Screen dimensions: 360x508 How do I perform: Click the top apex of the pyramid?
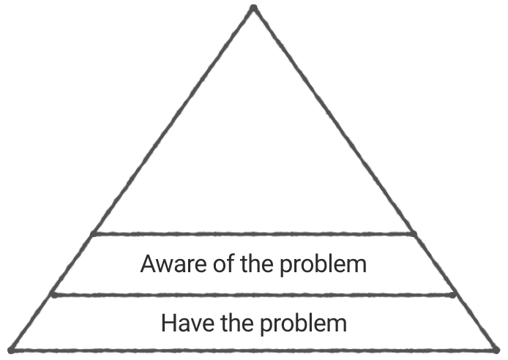pos(253,8)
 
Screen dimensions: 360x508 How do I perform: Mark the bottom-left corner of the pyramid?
pos(10,350)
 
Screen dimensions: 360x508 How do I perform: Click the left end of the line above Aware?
pos(92,234)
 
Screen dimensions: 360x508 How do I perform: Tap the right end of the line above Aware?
pos(414,234)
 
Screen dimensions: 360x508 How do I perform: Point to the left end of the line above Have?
pos(53,294)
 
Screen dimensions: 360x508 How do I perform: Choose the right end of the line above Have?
pos(454,294)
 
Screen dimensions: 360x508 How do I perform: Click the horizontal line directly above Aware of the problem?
pos(253,234)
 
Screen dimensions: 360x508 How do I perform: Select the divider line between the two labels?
pos(253,294)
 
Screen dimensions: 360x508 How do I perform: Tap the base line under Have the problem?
pos(253,350)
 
